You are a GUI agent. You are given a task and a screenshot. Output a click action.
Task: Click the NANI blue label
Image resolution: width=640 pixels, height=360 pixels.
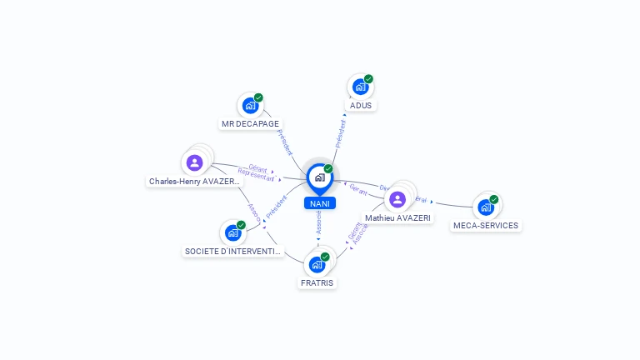(x=319, y=203)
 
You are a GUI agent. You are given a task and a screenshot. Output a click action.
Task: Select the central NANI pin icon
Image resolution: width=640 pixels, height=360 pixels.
(x=319, y=177)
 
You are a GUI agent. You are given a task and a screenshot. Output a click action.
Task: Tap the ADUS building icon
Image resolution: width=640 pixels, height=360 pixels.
(x=360, y=86)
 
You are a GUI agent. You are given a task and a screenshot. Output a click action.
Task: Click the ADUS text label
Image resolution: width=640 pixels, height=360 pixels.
(x=361, y=106)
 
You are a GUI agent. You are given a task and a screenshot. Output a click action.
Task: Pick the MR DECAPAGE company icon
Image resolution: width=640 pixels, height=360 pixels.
(x=249, y=105)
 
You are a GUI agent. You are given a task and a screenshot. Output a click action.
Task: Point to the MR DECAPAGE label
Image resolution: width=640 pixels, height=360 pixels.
(x=250, y=124)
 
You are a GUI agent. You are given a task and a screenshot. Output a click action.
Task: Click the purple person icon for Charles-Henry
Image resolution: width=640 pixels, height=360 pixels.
(x=195, y=162)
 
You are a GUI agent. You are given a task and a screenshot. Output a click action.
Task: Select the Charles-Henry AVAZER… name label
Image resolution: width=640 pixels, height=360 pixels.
(x=195, y=181)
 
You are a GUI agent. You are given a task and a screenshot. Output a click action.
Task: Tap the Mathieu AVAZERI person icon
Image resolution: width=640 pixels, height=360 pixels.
(x=397, y=199)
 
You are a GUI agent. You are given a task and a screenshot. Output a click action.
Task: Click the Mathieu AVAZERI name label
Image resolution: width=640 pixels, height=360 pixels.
(x=397, y=218)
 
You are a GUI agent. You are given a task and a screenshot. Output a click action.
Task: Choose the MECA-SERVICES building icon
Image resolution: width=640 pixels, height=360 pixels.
(x=485, y=207)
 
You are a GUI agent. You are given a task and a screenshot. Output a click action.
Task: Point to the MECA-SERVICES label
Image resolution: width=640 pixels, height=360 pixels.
(x=486, y=226)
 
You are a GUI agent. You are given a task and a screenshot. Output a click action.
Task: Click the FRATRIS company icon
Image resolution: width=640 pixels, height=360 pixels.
(x=317, y=264)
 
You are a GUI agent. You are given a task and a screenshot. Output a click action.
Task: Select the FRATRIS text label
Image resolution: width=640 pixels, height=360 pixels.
(x=317, y=283)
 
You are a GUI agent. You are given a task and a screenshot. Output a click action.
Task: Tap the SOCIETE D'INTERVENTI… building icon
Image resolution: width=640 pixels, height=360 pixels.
(x=232, y=232)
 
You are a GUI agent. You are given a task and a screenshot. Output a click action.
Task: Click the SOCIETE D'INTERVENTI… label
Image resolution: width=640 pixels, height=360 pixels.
(x=233, y=252)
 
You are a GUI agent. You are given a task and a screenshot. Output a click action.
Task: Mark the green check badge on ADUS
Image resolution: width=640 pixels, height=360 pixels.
(x=368, y=79)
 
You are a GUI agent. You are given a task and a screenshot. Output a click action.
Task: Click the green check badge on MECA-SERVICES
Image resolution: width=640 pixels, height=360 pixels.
(x=494, y=199)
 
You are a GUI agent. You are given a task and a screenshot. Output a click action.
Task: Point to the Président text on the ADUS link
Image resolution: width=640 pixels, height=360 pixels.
(x=340, y=133)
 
